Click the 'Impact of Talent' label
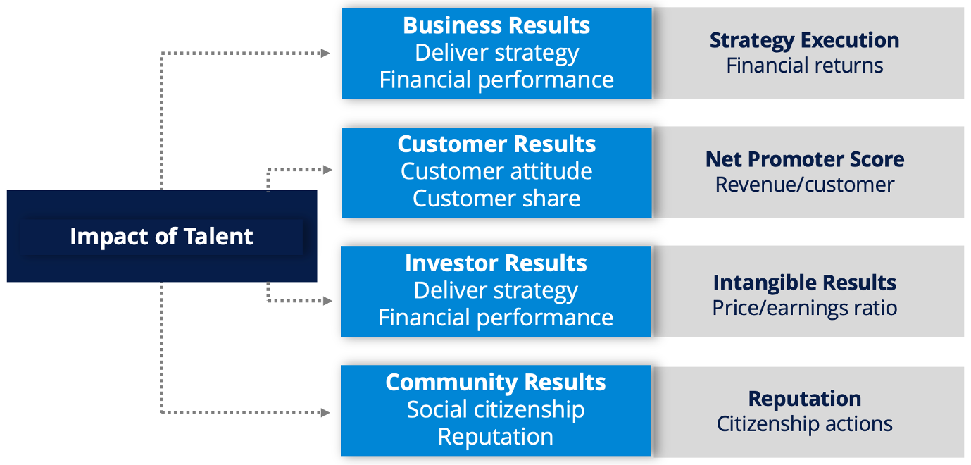click(x=161, y=237)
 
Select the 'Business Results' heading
click(x=496, y=25)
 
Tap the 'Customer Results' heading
click(x=496, y=144)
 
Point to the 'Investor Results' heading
click(x=496, y=263)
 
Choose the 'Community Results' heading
click(x=496, y=383)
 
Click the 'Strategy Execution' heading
click(x=805, y=41)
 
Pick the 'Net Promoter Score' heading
click(x=805, y=159)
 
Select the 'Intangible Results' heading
click(x=805, y=283)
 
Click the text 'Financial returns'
click(x=805, y=66)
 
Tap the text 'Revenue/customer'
click(x=805, y=185)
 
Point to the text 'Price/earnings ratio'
click(x=805, y=309)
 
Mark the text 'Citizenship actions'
click(x=805, y=424)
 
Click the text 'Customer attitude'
click(x=496, y=171)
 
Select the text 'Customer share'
click(x=496, y=198)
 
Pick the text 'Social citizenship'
click(x=496, y=410)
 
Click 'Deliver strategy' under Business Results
click(x=497, y=53)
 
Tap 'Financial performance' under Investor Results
click(x=496, y=318)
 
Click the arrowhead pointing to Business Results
click(x=325, y=54)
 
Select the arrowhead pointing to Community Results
click(x=325, y=413)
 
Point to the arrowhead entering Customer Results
click(x=327, y=170)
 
